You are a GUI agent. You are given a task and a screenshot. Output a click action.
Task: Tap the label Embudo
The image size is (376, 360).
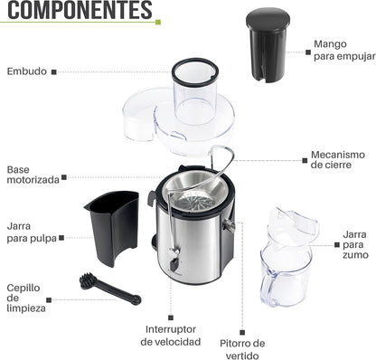25,71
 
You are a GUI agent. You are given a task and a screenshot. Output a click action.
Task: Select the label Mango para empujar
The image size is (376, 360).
343,50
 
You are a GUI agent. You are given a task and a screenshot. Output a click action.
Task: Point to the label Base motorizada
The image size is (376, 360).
33,175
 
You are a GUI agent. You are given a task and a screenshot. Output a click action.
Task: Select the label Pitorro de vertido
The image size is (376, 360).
242,349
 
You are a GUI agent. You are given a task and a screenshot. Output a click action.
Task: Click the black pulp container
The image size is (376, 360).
112,226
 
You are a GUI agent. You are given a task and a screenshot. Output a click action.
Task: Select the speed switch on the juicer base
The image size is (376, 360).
173,265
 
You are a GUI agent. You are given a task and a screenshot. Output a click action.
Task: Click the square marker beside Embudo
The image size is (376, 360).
53,71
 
